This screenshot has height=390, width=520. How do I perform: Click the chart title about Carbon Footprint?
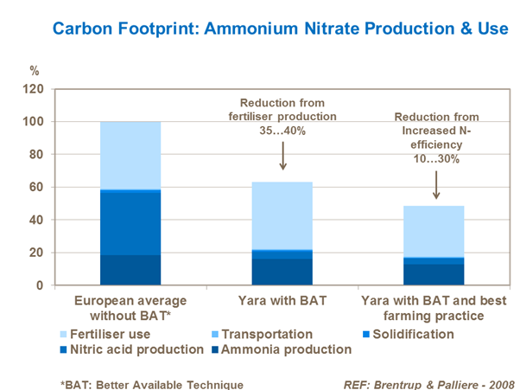[x=280, y=29]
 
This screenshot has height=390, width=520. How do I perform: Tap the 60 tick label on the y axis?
[x=35, y=187]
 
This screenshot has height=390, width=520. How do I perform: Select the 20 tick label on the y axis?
[x=35, y=253]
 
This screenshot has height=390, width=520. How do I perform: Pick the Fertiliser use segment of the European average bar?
[x=130, y=155]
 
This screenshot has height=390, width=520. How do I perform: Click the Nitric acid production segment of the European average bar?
[x=130, y=222]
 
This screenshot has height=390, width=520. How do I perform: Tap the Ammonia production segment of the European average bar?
[x=130, y=269]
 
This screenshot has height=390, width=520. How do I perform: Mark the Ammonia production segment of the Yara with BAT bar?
[x=282, y=272]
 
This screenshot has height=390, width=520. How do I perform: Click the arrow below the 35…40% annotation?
[x=283, y=155]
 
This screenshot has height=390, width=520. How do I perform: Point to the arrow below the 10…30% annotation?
[x=435, y=183]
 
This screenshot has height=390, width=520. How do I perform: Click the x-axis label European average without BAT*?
[x=130, y=309]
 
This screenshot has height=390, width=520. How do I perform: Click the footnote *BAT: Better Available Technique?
[x=151, y=383]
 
